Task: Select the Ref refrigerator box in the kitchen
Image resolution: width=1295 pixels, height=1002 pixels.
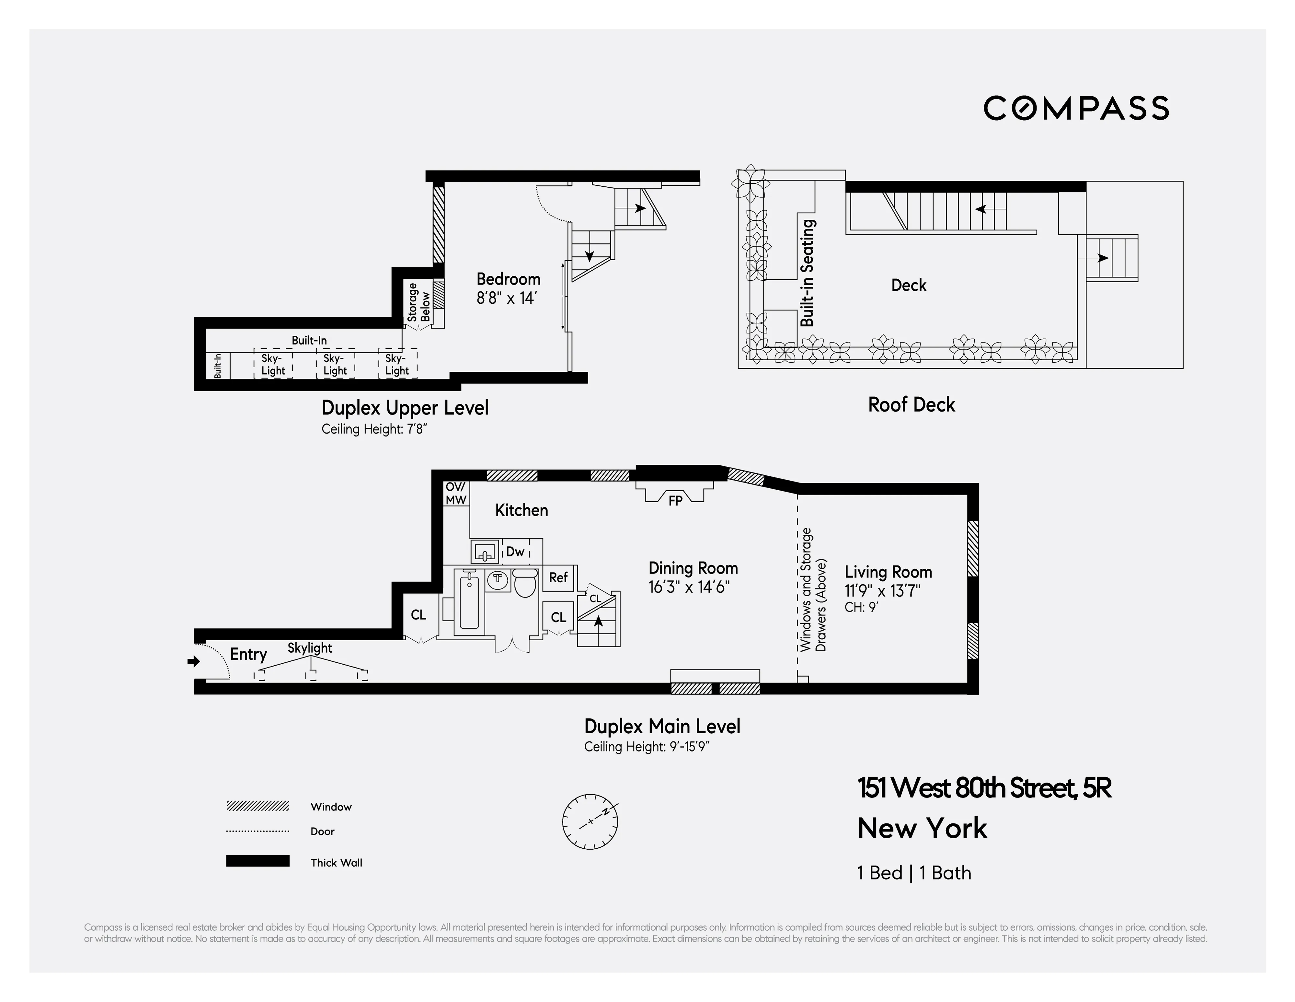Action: (558, 577)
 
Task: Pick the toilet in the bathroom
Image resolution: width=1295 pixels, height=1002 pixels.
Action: (524, 583)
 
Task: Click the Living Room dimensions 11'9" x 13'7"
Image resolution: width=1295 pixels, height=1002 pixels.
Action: (882, 591)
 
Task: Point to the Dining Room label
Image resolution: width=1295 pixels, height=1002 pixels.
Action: (693, 568)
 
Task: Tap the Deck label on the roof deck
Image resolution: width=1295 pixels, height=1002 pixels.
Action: (908, 285)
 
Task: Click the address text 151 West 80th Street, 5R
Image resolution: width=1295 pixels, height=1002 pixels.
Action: (984, 788)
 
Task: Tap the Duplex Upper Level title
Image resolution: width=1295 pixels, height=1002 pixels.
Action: (405, 408)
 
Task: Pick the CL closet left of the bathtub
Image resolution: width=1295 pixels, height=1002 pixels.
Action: (418, 615)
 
